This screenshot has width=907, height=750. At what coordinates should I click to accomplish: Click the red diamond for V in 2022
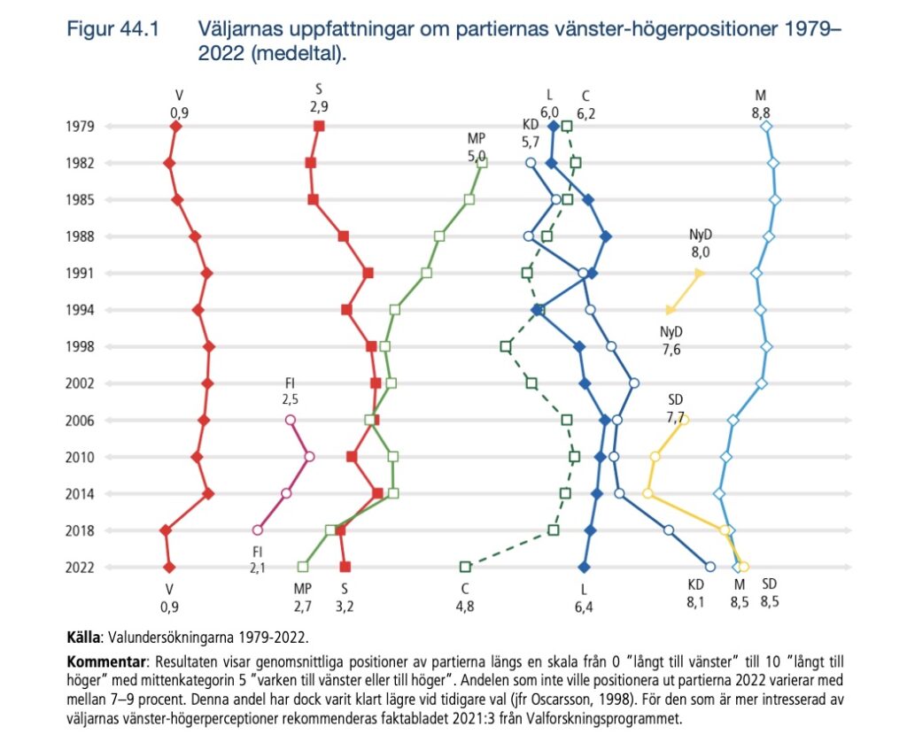(169, 567)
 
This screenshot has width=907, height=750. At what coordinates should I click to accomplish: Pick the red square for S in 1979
(319, 127)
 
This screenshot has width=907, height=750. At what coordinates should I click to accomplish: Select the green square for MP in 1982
(482, 163)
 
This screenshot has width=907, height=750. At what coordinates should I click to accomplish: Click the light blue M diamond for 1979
(766, 127)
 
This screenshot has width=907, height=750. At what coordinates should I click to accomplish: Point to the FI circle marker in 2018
(258, 530)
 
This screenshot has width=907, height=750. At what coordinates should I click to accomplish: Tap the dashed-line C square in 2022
(465, 567)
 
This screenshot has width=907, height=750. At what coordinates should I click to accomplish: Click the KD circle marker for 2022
(709, 567)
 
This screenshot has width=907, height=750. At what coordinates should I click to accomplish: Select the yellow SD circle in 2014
(647, 493)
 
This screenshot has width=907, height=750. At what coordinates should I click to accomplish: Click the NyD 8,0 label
(701, 244)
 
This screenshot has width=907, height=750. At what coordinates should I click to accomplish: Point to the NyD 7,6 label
(672, 340)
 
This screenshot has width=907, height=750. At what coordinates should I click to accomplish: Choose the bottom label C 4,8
(464, 597)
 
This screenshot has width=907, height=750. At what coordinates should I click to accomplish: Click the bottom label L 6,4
(585, 597)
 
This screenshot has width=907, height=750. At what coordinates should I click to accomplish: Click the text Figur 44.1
(112, 29)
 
